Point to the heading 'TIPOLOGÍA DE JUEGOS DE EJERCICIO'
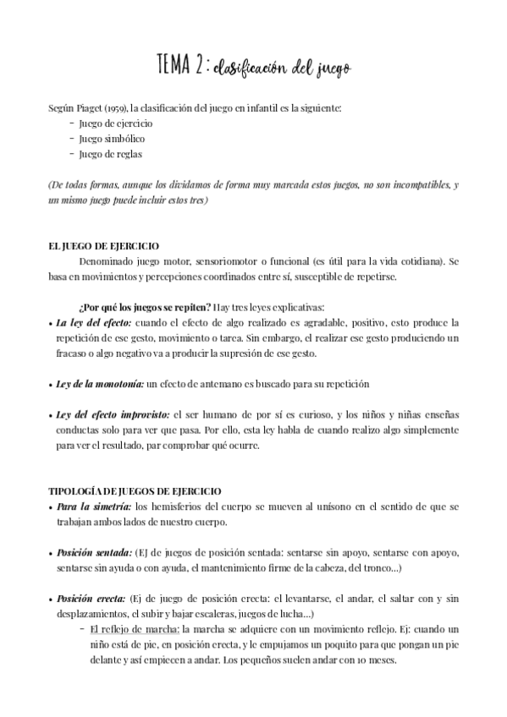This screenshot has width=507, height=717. (135, 490)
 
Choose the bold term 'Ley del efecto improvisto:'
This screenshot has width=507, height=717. (113, 414)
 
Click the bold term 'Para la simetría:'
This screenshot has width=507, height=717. (94, 506)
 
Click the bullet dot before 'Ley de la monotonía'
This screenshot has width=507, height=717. (50, 384)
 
